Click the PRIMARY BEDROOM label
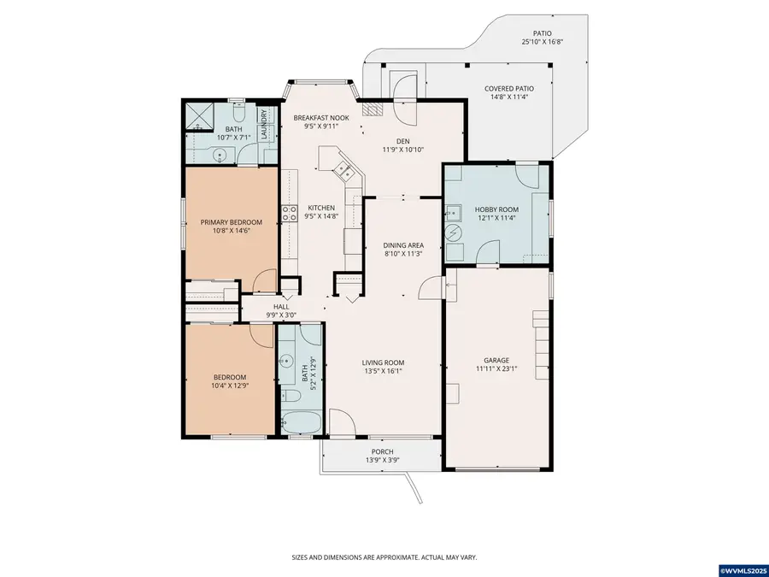coord(231,222)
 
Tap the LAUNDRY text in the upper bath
coord(265,123)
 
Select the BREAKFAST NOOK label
coord(321,117)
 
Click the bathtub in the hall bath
coord(301,422)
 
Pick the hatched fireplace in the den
coord(372,109)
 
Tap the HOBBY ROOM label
coord(496,209)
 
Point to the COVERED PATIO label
coord(508,88)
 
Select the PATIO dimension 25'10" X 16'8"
coord(543,42)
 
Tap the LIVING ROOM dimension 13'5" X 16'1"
coord(382,371)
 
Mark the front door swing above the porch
coord(340,422)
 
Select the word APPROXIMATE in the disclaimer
coord(390,556)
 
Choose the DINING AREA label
coord(402,245)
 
